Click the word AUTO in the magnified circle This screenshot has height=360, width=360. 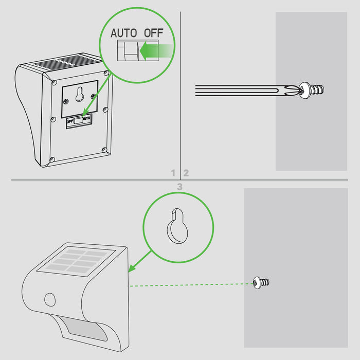point(124,32)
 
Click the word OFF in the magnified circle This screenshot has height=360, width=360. point(153,32)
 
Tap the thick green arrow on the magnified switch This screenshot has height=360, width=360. point(156,51)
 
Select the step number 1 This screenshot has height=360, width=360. point(174,173)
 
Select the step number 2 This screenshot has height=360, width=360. point(186,173)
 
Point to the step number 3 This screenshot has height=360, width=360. point(179,187)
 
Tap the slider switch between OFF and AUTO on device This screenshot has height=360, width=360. point(78,120)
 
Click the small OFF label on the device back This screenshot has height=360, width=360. point(69,121)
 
